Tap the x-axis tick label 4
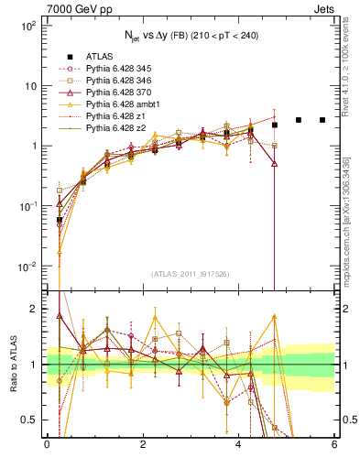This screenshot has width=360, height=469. pos(239,443)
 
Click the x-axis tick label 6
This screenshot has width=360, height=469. pos(334,443)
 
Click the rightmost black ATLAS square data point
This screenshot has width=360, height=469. pos(322,120)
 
